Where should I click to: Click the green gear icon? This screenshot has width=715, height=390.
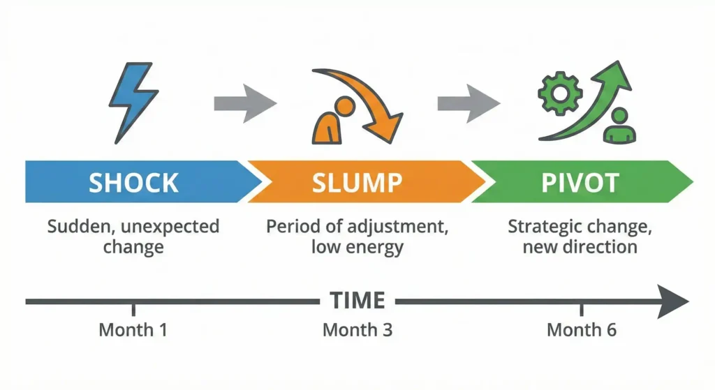pos(557,94)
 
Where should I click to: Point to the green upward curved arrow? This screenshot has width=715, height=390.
pos(594,105)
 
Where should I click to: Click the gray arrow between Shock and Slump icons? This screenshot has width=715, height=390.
pos(243,103)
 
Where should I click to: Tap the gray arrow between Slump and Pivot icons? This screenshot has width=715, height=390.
pos(467,103)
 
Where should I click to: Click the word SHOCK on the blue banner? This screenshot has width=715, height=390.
pos(133,183)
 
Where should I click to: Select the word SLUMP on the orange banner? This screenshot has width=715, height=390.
pos(357,183)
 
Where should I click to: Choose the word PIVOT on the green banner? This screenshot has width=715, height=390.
pos(580,183)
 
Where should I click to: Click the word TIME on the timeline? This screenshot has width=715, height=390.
pos(357,301)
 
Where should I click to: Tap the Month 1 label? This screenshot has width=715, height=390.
pos(133,329)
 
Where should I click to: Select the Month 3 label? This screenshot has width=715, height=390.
pos(357,329)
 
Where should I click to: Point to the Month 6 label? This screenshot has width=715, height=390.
pos(581,329)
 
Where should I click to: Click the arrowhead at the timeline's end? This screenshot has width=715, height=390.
pos(673,301)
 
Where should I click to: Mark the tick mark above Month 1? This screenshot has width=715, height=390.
pos(133,309)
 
